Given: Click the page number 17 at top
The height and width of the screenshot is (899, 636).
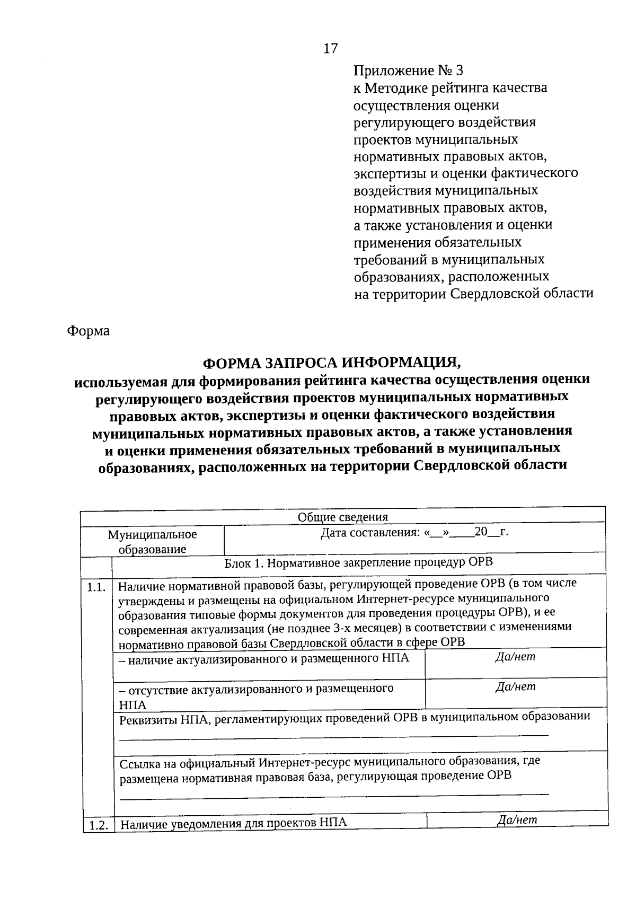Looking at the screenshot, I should tap(330, 49).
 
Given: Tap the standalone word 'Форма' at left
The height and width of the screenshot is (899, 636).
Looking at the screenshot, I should tap(89, 331).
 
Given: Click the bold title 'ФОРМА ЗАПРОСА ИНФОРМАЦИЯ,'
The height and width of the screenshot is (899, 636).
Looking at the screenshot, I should tap(332, 363).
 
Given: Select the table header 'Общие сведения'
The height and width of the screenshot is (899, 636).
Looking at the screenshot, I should tap(342, 517).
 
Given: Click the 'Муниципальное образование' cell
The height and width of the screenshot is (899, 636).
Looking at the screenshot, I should tap(152, 542).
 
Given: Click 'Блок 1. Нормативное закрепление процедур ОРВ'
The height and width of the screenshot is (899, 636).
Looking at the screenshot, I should tap(359, 563).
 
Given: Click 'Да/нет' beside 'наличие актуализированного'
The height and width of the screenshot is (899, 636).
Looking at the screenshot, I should tap(515, 657).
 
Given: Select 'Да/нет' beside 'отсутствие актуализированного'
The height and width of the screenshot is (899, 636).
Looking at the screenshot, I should tap(515, 687).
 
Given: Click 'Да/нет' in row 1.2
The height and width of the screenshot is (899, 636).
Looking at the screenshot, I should tap(517, 820).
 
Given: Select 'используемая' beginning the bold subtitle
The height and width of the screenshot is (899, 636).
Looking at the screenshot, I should tap(117, 381).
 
